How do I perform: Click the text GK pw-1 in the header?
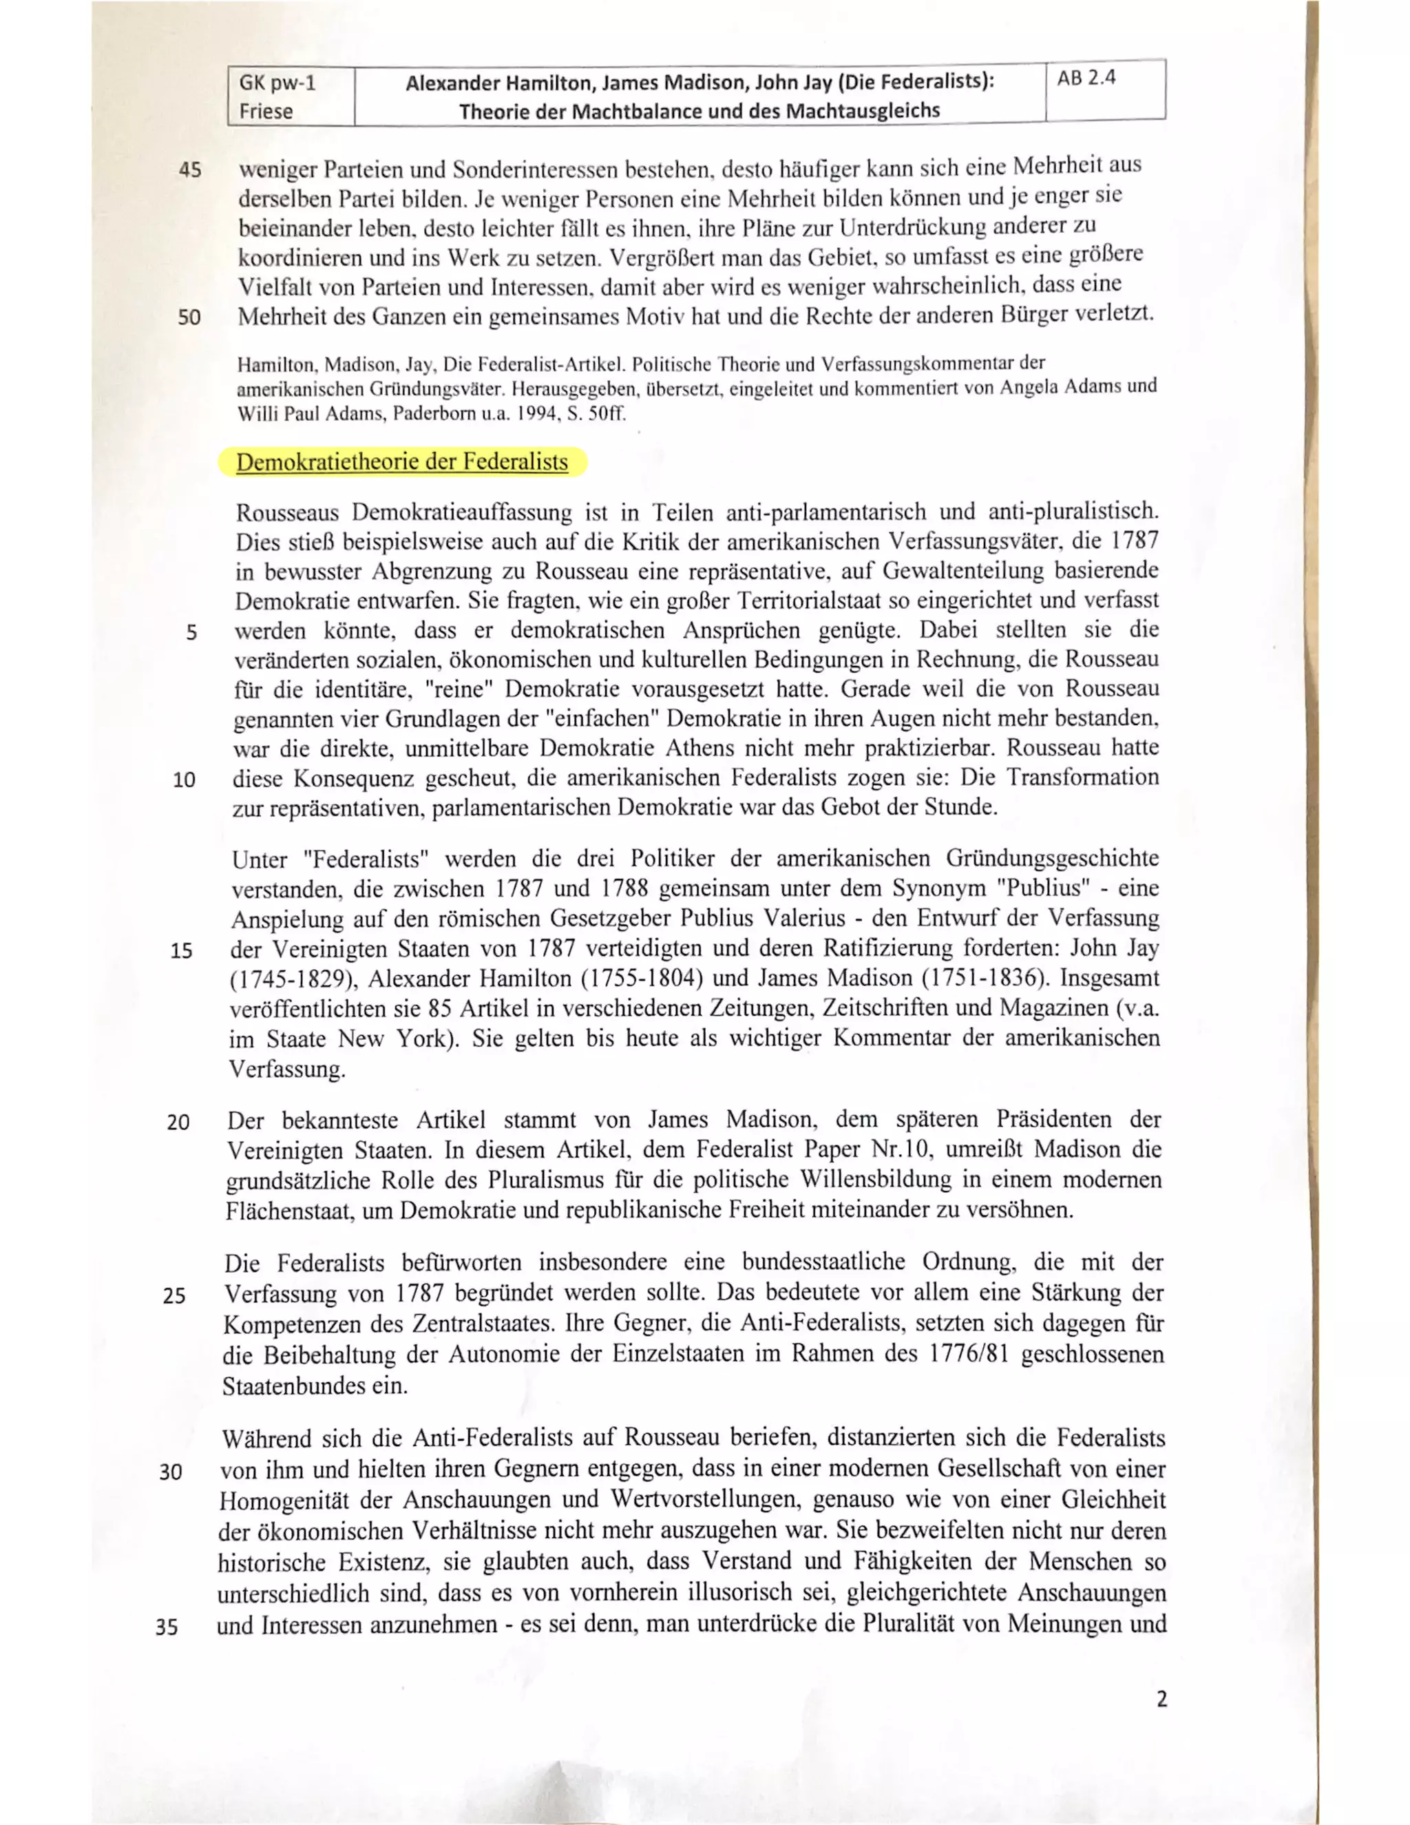click(x=277, y=83)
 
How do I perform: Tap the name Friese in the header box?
click(x=266, y=111)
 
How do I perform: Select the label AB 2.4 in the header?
click(x=1085, y=79)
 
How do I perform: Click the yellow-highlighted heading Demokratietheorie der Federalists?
click(x=402, y=462)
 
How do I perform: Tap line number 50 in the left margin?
click(x=189, y=317)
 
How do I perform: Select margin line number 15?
click(x=181, y=951)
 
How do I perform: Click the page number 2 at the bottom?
click(x=1161, y=1699)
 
